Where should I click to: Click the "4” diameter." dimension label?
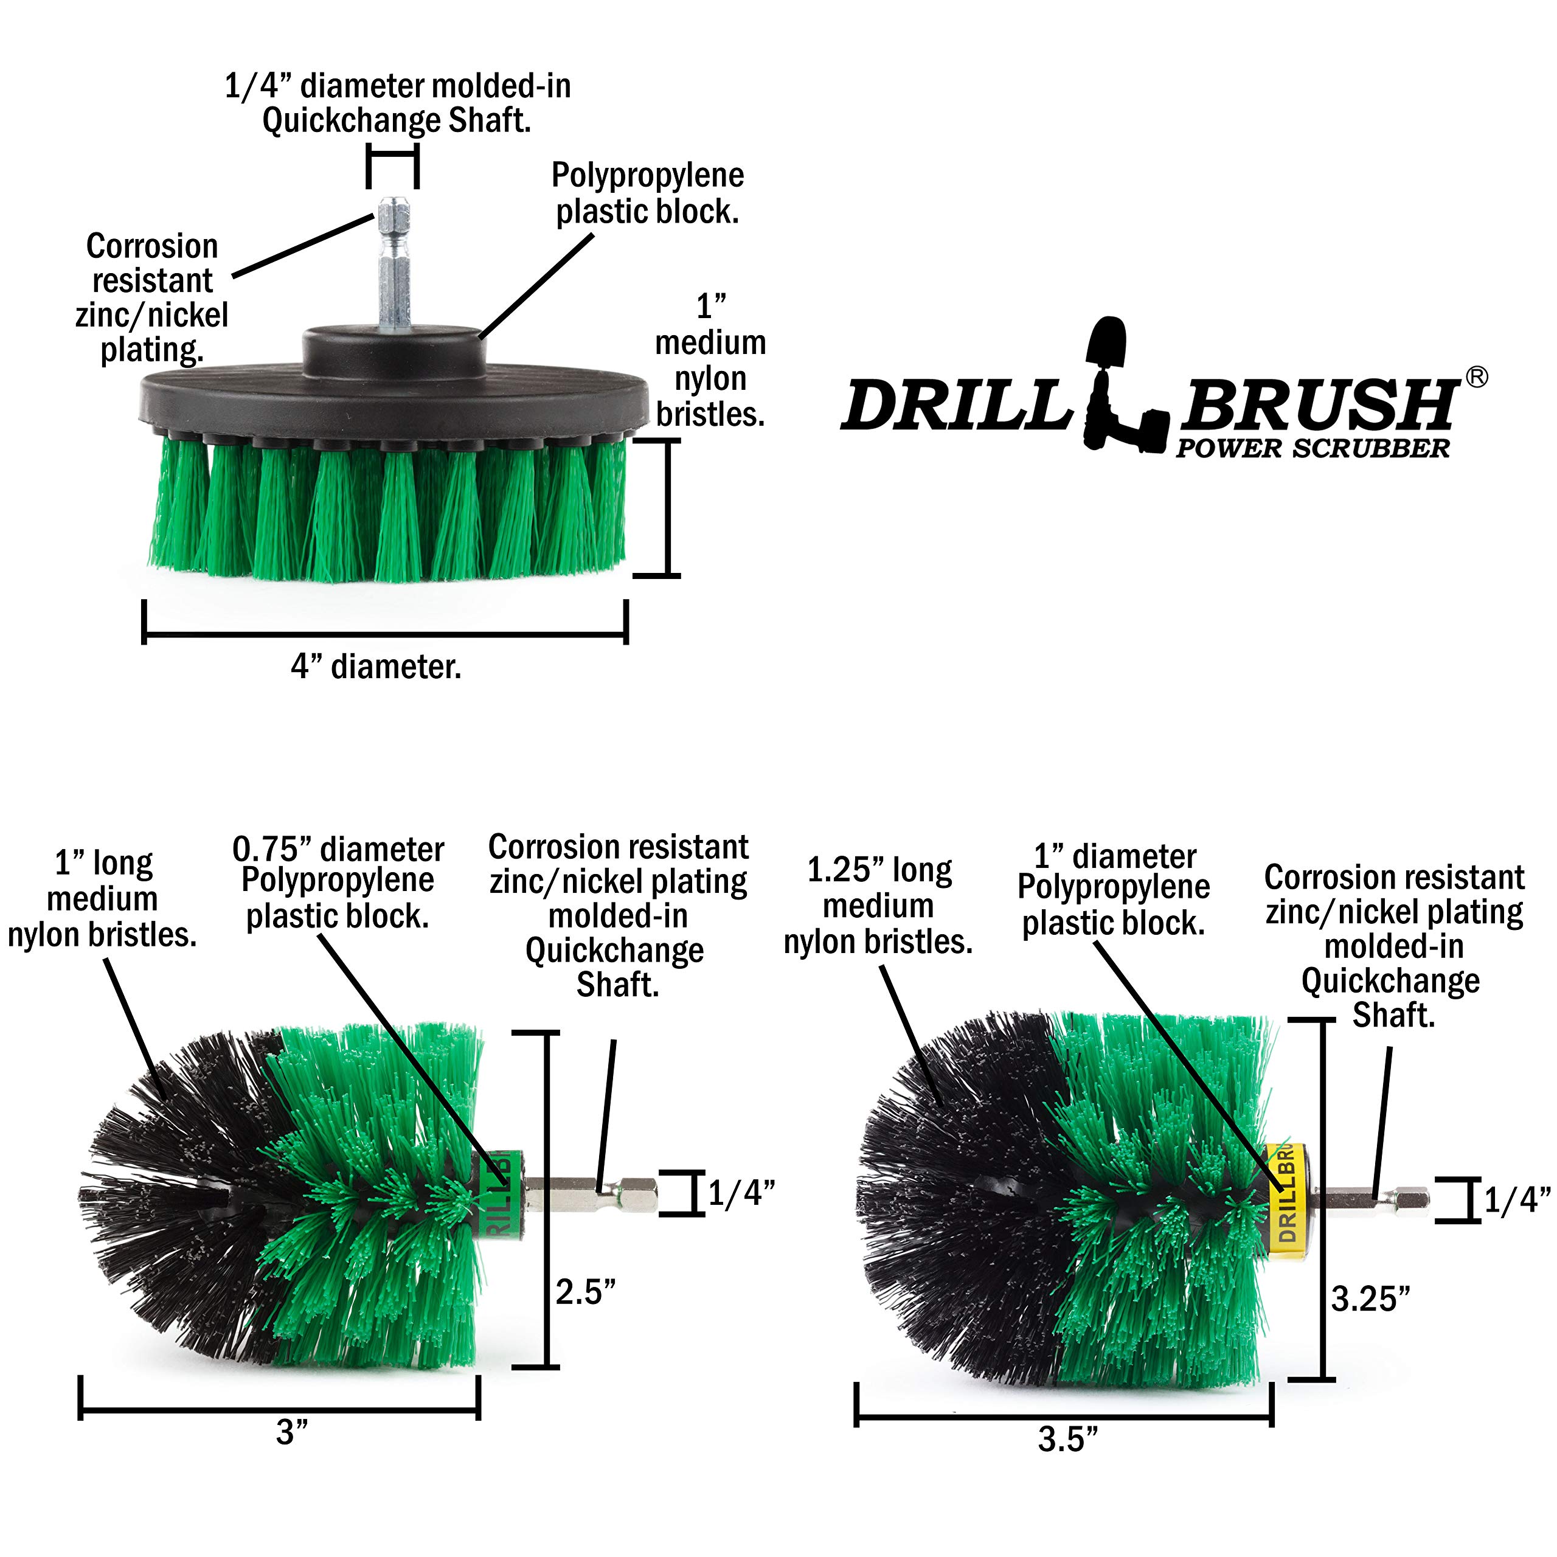(x=376, y=667)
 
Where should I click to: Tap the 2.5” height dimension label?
(x=586, y=1292)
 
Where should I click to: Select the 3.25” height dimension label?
(x=1371, y=1299)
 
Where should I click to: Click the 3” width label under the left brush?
(x=292, y=1432)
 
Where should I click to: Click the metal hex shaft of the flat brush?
(x=392, y=265)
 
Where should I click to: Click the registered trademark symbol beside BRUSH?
(x=1476, y=376)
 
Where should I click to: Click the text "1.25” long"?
(x=879, y=870)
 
